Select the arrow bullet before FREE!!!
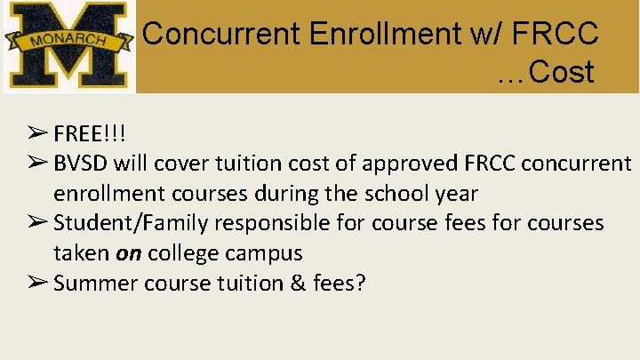pyautogui.click(x=37, y=134)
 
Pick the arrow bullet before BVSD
pyautogui.click(x=37, y=164)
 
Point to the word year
pyautogui.click(x=455, y=193)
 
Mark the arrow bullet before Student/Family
pyautogui.click(x=37, y=222)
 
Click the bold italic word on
pyautogui.click(x=129, y=252)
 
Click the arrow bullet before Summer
pyautogui.click(x=37, y=283)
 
